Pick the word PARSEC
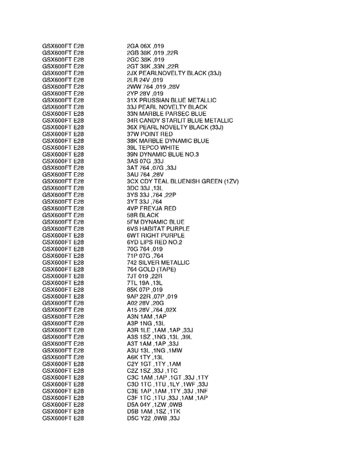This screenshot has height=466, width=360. (170, 114)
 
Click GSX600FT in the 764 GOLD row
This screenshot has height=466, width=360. (57, 269)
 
